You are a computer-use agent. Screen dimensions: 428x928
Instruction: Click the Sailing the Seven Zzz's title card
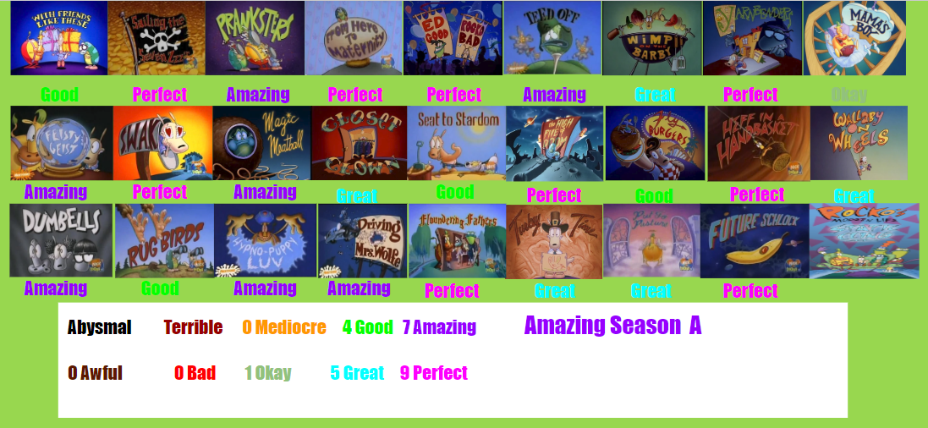pos(156,38)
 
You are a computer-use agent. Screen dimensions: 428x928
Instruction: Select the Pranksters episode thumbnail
pos(255,38)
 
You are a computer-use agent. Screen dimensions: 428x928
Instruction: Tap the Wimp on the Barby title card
pos(651,38)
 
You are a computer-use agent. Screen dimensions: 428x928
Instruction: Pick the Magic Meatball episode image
pos(261,142)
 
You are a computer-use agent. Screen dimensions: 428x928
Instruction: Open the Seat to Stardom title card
pos(457,142)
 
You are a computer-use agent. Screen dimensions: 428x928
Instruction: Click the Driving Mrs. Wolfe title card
pos(362,240)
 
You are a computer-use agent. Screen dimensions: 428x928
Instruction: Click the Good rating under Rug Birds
pos(160,288)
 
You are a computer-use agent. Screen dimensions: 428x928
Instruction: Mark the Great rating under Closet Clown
pos(357,195)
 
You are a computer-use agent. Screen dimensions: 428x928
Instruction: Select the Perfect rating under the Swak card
pos(159,192)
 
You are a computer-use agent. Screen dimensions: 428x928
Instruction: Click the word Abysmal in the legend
pos(99,327)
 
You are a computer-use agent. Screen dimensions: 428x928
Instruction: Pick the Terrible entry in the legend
pos(193,327)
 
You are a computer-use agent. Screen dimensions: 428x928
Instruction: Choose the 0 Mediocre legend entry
pos(283,327)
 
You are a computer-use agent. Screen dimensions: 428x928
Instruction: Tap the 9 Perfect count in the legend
pos(433,373)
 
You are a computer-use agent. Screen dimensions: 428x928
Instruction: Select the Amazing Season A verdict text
pos(612,326)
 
